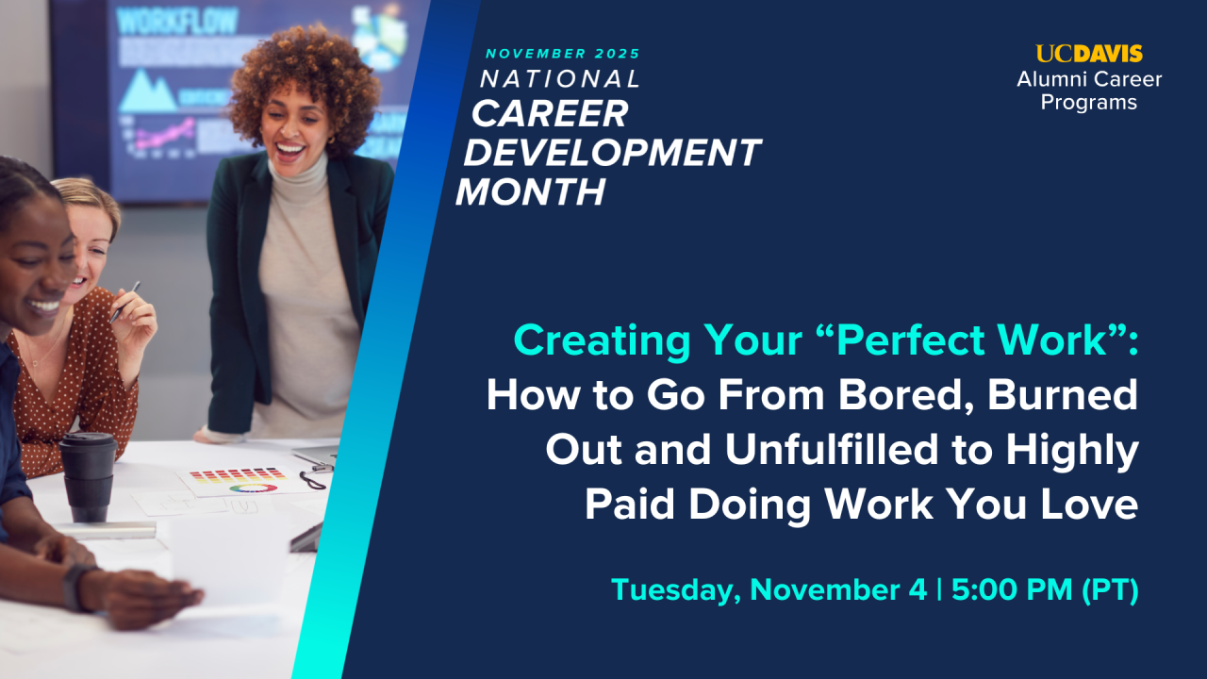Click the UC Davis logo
point(1089,54)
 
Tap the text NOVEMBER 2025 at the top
point(563,54)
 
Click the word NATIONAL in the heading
point(560,79)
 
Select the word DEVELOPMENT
point(613,153)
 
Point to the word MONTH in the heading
point(531,191)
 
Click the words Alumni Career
point(1089,79)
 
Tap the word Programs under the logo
point(1089,103)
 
